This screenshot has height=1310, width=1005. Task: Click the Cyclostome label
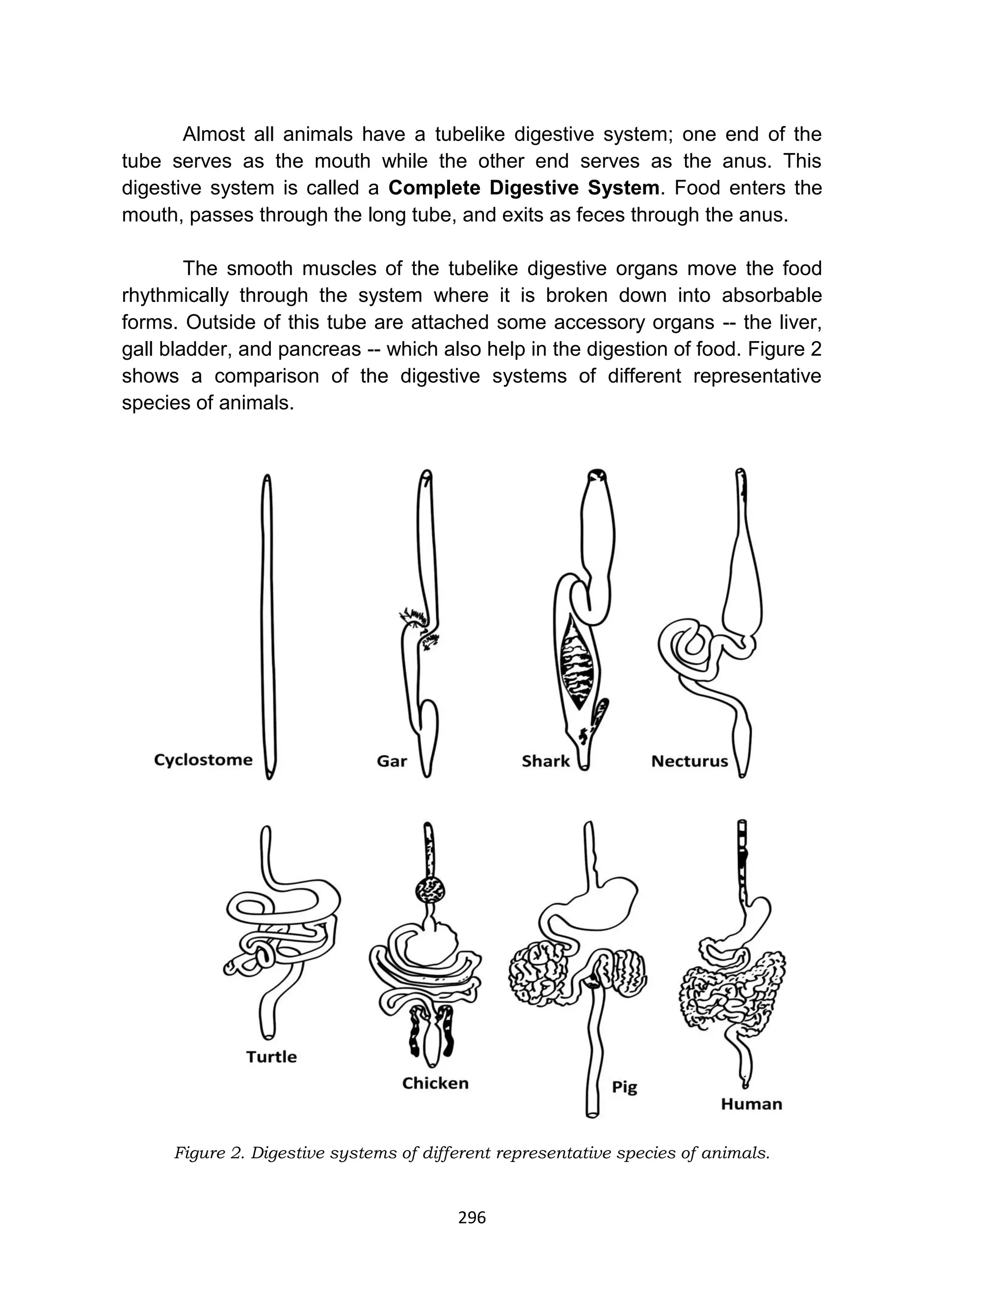coord(203,760)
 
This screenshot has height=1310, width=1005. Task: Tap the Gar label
coord(392,761)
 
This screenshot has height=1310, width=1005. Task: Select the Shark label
coord(545,761)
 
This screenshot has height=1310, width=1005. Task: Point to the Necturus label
coord(689,761)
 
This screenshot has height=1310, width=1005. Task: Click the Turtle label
coord(271,1057)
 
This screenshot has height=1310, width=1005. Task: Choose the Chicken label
coord(435,1083)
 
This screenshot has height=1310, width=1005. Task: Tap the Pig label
coord(625,1087)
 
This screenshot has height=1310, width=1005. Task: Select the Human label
coord(751,1104)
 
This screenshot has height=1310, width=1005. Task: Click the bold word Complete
coord(435,188)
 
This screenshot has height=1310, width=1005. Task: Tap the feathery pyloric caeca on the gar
coord(413,616)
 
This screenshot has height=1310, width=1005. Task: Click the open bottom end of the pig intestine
coord(592,1114)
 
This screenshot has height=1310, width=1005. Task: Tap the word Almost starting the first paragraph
coord(213,134)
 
